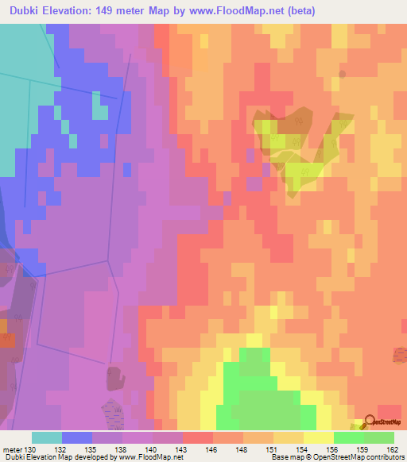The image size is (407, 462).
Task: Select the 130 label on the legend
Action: tap(30, 449)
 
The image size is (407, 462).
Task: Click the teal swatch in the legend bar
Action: tap(47, 437)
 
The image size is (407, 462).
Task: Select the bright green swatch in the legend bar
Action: tap(348, 437)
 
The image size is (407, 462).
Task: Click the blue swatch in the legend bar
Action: tap(77, 437)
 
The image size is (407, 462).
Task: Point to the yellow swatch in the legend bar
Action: tap(318, 437)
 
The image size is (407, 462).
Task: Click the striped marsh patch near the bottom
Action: tap(116, 412)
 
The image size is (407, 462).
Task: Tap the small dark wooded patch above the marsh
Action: tap(116, 377)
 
